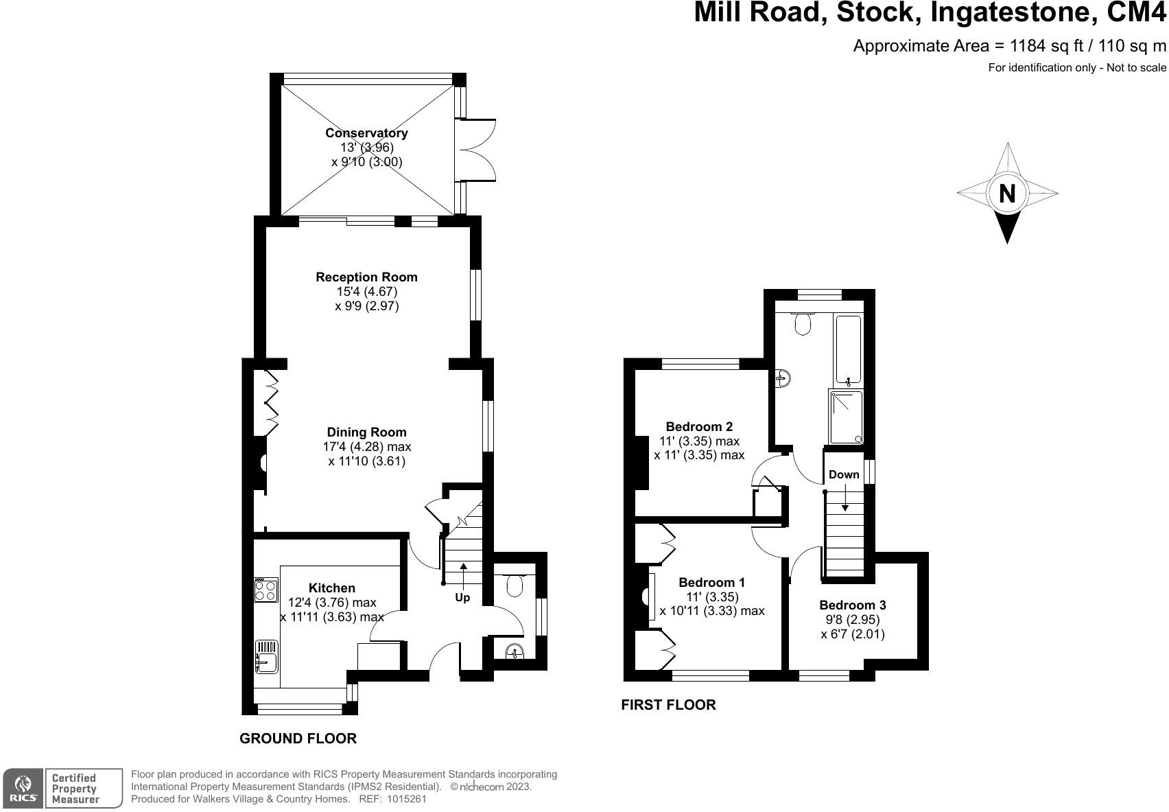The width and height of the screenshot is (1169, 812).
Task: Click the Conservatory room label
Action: [366, 132]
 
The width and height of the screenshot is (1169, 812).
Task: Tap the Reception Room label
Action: [366, 277]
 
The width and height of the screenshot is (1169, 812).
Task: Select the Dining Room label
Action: [366, 432]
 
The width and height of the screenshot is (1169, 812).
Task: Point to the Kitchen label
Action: [331, 588]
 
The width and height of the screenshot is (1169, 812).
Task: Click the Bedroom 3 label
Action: [852, 605]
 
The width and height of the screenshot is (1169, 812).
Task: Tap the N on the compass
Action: [1006, 194]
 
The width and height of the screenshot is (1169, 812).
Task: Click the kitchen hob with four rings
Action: [265, 590]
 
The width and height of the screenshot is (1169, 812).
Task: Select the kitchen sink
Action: [267, 656]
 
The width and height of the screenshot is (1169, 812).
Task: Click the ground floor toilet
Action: [515, 585]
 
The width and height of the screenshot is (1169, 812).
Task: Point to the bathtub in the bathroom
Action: [848, 351]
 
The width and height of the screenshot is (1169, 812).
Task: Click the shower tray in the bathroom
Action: [846, 417]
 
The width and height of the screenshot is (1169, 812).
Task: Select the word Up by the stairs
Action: [462, 597]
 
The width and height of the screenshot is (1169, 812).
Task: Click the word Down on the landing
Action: [843, 474]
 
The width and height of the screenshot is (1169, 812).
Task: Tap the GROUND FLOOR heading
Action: [298, 739]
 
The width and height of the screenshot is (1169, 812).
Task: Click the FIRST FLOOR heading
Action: [668, 705]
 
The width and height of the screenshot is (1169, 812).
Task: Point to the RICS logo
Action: [23, 789]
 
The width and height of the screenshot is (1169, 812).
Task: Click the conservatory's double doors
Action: [475, 150]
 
